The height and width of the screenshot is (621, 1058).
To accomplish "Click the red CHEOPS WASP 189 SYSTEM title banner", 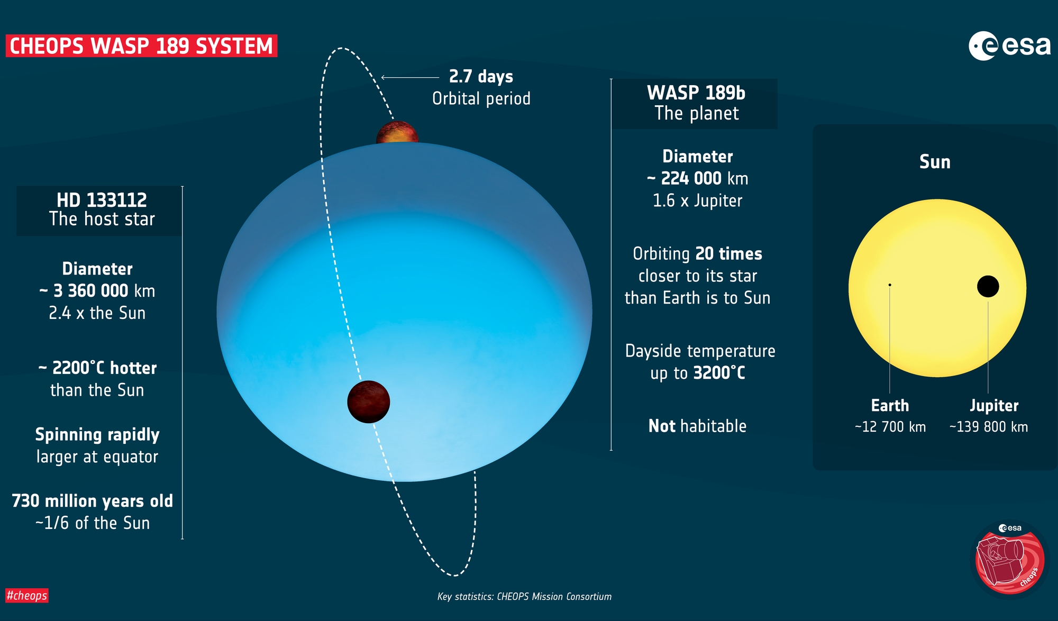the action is [141, 45].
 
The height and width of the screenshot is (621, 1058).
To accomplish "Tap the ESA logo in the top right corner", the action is [1009, 46].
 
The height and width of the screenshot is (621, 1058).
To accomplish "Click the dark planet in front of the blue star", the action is [369, 402].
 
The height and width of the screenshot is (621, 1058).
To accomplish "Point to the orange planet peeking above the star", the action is [397, 132].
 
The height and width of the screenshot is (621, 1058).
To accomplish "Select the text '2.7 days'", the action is [481, 77].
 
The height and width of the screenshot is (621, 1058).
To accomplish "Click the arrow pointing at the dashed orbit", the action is [410, 78].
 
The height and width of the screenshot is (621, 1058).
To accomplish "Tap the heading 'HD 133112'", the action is [102, 200].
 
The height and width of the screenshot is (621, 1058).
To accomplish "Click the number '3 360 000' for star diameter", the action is [91, 291].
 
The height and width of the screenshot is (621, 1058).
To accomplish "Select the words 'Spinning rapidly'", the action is [97, 435].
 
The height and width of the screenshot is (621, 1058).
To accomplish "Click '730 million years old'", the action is [93, 501].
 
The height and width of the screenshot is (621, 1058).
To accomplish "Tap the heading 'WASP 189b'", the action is [696, 93].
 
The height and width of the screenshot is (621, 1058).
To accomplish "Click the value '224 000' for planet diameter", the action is [691, 179].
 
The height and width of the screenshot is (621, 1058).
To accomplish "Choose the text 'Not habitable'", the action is [697, 426].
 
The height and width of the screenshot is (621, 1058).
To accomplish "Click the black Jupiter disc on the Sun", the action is [988, 286].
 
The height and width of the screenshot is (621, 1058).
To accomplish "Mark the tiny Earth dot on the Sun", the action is [890, 285].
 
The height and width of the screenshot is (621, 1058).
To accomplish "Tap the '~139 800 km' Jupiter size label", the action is [989, 427].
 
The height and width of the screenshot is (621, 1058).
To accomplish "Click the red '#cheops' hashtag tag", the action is [27, 596].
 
